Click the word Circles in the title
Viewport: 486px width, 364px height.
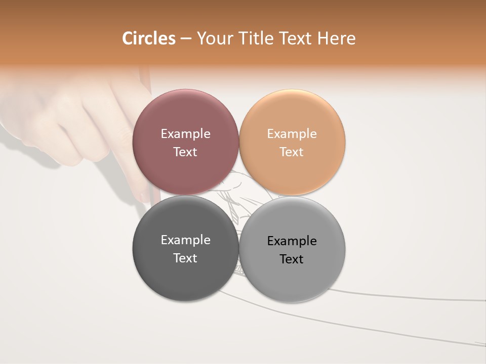149,38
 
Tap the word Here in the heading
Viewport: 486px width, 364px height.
336,38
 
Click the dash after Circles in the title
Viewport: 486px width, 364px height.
186,38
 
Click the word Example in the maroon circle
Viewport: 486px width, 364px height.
185,134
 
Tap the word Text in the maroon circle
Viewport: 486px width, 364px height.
185,152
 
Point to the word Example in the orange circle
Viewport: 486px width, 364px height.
292,134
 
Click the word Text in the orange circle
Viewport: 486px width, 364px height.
292,152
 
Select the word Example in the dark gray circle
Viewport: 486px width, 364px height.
185,240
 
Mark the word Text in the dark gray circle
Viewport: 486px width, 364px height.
185,258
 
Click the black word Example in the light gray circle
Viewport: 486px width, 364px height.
292,241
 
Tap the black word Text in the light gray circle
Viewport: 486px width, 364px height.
292,259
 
